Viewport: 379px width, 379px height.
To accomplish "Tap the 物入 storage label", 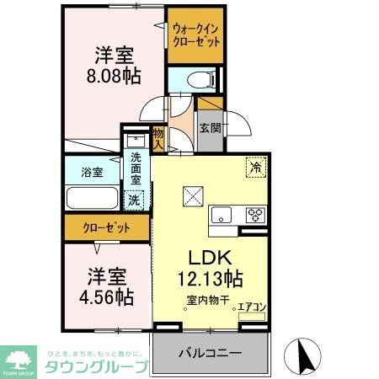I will (158, 138).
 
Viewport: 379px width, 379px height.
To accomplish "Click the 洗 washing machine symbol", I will (133, 200).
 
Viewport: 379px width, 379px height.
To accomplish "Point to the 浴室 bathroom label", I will (93, 172).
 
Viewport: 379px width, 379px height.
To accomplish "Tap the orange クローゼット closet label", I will (104, 227).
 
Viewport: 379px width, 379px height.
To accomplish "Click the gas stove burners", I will (254, 215).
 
